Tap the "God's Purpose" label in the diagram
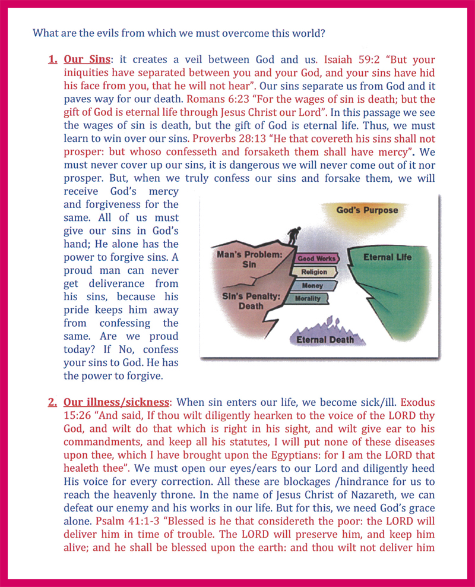(x=367, y=210)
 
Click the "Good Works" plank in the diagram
(x=316, y=259)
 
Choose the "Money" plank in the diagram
(x=312, y=286)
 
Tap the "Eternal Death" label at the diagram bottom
(x=321, y=340)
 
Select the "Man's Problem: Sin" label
(x=246, y=258)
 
